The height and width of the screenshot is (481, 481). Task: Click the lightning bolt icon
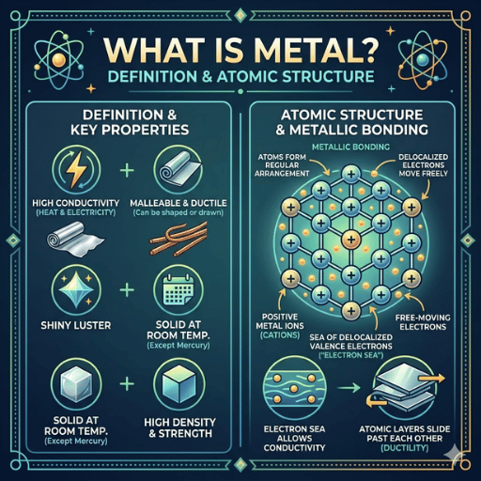(x=76, y=169)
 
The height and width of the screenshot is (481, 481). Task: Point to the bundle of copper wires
(x=178, y=239)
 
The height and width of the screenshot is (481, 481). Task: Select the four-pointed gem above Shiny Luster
(x=76, y=289)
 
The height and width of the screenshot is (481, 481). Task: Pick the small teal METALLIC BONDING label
(x=351, y=147)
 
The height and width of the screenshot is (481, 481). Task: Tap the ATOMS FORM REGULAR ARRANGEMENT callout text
(x=282, y=165)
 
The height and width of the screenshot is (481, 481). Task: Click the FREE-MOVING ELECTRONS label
(x=423, y=322)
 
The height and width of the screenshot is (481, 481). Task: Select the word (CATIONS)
(x=280, y=335)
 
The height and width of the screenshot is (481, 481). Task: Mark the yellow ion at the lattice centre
(x=351, y=240)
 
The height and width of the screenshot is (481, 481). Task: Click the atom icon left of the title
(x=59, y=59)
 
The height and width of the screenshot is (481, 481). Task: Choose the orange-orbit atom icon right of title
(x=422, y=59)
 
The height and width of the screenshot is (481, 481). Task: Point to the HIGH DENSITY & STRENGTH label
(x=179, y=427)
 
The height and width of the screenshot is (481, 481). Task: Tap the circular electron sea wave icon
(x=294, y=389)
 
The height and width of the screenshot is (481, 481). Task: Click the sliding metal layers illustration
(x=406, y=388)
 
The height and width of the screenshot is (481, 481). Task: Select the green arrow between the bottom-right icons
(x=349, y=388)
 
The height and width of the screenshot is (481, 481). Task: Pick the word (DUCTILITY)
(x=405, y=448)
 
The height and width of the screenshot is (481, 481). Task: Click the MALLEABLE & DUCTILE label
(x=178, y=203)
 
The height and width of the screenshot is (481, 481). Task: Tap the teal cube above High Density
(x=178, y=384)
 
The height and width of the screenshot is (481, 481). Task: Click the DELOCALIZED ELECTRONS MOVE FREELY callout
(x=423, y=165)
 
